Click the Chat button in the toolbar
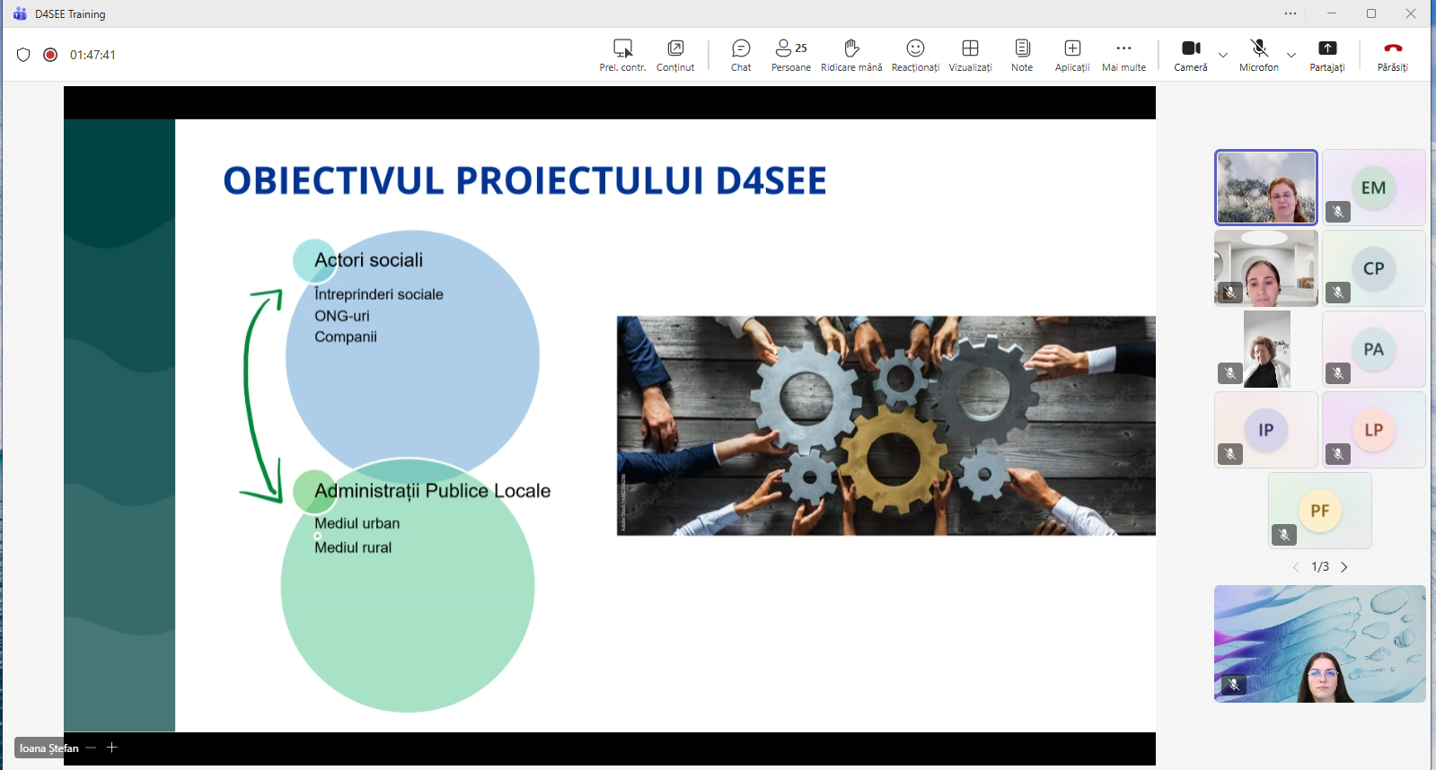(x=741, y=54)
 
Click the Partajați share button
(x=1327, y=54)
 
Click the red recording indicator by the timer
(x=50, y=55)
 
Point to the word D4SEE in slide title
(x=771, y=180)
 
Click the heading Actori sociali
(x=368, y=260)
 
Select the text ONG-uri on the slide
(x=341, y=316)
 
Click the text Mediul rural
(x=353, y=547)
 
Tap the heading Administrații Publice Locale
(x=432, y=491)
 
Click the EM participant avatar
(x=1373, y=188)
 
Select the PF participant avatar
(x=1319, y=511)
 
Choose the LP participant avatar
(x=1373, y=430)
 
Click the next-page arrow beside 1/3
(x=1344, y=567)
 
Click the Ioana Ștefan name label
(x=49, y=748)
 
